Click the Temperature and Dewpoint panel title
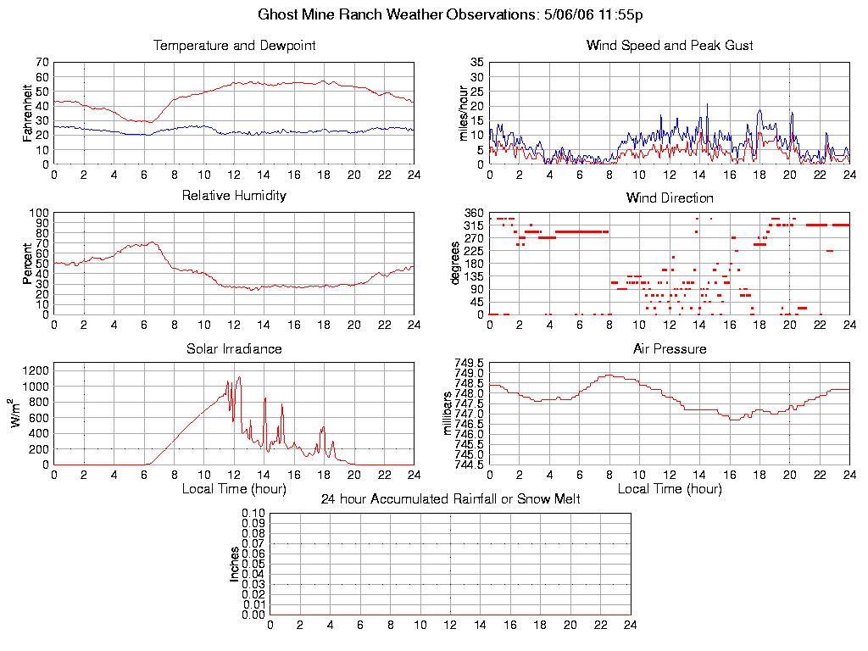tap(234, 46)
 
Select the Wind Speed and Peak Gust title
tap(670, 46)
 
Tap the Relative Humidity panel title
tap(234, 196)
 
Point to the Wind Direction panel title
tap(670, 198)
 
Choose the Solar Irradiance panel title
tap(234, 349)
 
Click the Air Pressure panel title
tap(670, 349)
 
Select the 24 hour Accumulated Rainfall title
tap(450, 499)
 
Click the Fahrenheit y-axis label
tap(28, 113)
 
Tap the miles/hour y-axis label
tap(463, 113)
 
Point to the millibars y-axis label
tap(448, 414)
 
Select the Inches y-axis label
tap(234, 564)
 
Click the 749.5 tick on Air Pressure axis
tap(469, 363)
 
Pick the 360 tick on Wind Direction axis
tap(474, 213)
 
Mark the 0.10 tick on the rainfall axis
tap(253, 513)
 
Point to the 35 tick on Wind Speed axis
tap(476, 63)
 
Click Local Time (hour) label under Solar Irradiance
tap(234, 489)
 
